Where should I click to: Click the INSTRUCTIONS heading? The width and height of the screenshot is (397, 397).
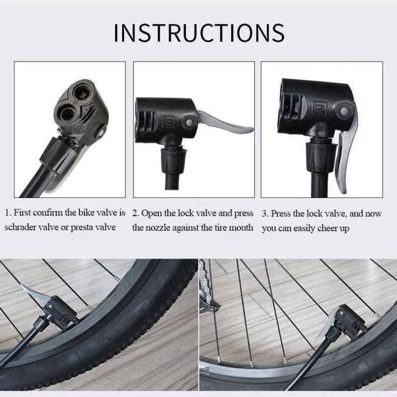point(198,32)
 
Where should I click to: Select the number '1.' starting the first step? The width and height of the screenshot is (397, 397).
point(8,213)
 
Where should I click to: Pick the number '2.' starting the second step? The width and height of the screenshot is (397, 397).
point(135,213)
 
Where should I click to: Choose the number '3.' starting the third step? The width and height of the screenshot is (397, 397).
point(265,213)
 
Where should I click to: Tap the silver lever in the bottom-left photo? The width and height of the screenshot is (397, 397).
point(31,294)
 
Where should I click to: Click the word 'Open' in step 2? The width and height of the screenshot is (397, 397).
point(150,213)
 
